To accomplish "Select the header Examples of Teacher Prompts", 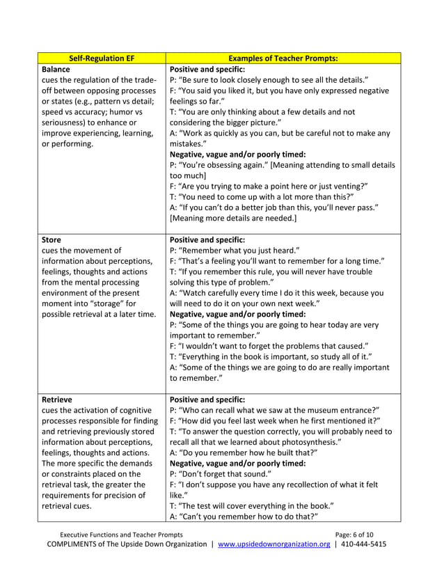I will coord(283,58).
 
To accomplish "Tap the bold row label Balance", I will coord(56,70).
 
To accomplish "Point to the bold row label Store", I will coord(52,239).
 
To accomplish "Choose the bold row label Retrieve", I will coord(58,400).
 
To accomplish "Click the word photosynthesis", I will coord(306,443).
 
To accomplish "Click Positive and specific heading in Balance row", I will coord(207,70).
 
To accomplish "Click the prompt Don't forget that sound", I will coord(221,474).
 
